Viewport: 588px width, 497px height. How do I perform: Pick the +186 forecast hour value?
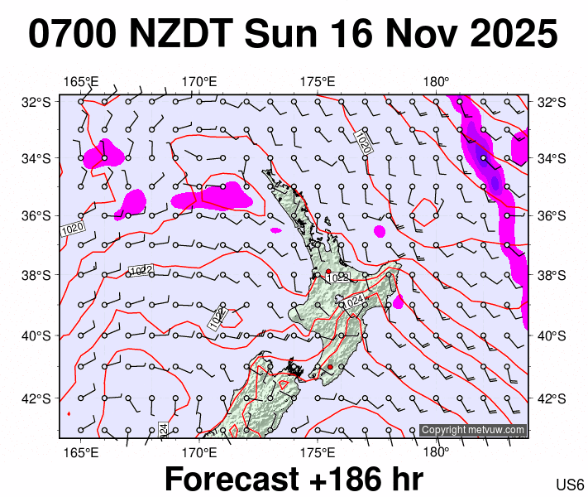pos(364,479)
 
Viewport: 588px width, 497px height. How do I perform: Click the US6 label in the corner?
pos(571,484)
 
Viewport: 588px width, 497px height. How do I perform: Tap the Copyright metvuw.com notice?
pos(472,430)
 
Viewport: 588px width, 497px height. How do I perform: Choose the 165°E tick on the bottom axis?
pos(80,452)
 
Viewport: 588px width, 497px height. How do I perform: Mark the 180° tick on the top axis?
pos(436,81)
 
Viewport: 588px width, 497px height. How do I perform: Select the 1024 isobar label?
pos(353,302)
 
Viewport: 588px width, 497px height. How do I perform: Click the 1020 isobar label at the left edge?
pos(73,228)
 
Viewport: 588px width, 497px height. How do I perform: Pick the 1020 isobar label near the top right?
pos(362,141)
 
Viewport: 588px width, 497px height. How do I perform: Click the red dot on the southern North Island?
pos(330,367)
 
